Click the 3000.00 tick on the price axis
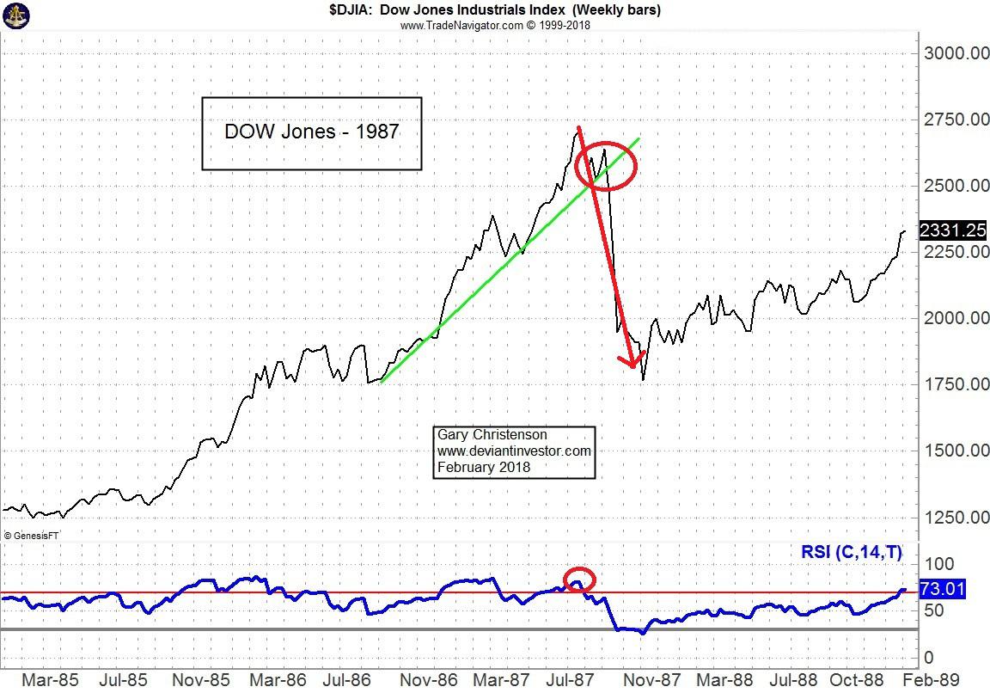956,53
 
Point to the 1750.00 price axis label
956,384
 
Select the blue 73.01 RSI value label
942,590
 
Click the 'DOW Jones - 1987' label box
312,132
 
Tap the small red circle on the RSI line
579,580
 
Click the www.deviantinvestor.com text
514,451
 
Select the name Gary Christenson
492,435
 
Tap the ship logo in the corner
16,15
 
